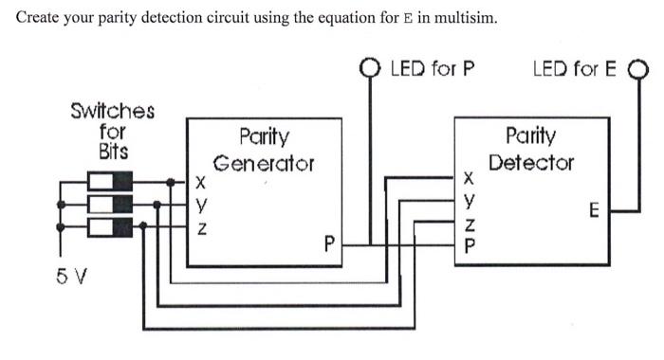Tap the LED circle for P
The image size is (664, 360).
point(371,67)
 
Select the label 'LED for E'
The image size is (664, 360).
point(576,68)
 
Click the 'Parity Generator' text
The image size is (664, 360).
point(263,150)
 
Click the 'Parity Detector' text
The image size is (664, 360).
point(531,149)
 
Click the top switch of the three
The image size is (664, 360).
point(113,180)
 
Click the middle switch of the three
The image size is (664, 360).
point(113,203)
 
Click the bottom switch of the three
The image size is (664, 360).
point(113,225)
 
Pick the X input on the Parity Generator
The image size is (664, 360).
point(199,181)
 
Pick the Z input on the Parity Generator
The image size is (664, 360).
point(199,228)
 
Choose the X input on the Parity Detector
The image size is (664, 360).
point(469,177)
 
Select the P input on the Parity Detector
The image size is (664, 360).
point(469,244)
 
